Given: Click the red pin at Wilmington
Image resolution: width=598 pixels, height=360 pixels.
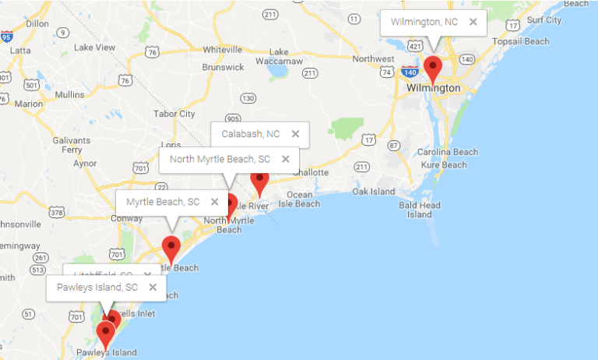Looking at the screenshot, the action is point(432,68).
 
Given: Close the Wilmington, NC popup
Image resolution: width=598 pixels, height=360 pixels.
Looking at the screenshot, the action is point(473,22).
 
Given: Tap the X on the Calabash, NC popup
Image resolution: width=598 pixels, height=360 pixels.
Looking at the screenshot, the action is point(295,134).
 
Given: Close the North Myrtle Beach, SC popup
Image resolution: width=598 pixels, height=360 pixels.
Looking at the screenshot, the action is point(285,159).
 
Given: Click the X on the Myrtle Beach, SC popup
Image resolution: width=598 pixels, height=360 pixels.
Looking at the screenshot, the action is point(214,202).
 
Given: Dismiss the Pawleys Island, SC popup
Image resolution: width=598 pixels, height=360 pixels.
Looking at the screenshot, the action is point(153,287).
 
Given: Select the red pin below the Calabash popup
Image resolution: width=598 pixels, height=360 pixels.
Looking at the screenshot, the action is point(259,182).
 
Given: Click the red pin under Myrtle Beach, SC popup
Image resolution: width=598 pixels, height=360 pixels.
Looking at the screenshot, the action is point(171,249).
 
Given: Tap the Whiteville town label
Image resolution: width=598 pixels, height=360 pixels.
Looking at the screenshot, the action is point(223,49).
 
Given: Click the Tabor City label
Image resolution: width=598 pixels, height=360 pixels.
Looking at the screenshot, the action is point(174,114).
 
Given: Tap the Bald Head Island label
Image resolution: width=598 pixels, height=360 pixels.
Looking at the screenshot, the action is point(419,209).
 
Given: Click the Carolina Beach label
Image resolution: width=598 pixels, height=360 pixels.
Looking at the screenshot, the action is point(447,152).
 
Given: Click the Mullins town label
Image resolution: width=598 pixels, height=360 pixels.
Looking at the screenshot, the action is point(69,94).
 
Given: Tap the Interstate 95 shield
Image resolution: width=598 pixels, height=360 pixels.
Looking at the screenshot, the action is point(6,37).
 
